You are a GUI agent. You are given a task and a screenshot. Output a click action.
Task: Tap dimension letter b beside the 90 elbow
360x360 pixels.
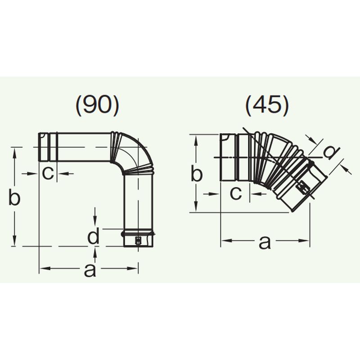click(x=15, y=198)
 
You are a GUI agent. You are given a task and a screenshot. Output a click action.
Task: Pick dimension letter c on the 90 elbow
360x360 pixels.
click(x=48, y=173)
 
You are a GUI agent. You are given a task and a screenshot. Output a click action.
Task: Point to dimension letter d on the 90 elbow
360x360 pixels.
click(x=93, y=236)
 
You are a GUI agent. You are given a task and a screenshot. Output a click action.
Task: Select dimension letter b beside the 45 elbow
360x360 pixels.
click(x=196, y=173)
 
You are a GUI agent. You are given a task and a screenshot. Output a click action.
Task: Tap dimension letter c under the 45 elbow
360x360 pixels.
click(x=236, y=193)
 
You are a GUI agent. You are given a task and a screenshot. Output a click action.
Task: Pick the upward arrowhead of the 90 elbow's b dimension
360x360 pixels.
click(x=15, y=153)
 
